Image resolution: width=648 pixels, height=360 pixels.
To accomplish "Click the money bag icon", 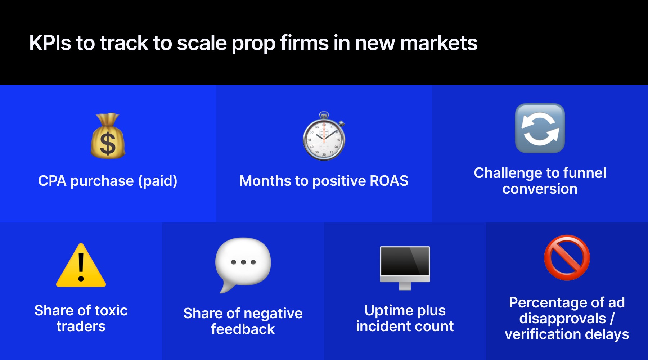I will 108,137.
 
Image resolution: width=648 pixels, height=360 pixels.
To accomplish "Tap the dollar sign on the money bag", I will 108,144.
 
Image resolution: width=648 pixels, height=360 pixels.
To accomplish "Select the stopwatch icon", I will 324,137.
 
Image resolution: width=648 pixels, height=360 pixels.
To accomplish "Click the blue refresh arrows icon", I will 540,128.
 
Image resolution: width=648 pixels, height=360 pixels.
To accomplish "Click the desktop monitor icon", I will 405,265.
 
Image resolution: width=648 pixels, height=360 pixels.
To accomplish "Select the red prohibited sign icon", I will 567,258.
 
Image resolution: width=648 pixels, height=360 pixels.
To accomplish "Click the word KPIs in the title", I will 50,43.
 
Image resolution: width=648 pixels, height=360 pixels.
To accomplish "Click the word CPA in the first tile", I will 52,181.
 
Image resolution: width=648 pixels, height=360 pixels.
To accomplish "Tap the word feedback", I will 243,329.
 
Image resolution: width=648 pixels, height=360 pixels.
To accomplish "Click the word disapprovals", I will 563,319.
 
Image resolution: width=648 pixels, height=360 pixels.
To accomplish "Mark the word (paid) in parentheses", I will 158,181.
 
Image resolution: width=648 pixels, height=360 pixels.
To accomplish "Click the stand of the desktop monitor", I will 405,286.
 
